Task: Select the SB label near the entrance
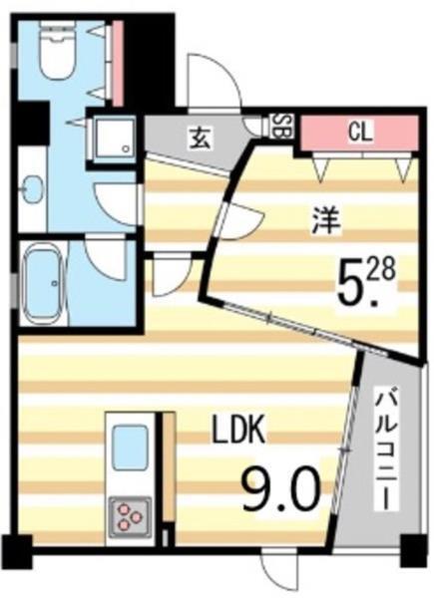(x=282, y=126)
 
